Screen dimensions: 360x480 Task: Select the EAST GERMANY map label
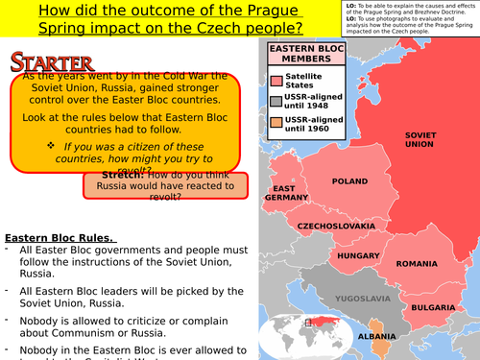(x=284, y=193)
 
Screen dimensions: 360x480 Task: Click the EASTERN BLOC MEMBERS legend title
(x=301, y=55)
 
